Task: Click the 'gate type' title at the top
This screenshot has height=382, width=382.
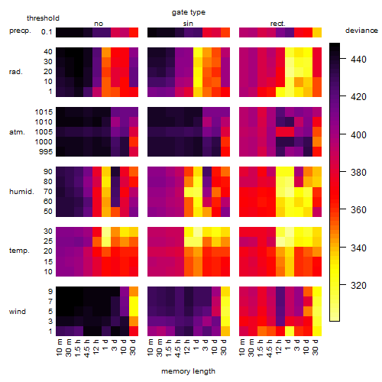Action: [189, 12]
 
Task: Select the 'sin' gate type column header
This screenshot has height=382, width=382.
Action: [188, 24]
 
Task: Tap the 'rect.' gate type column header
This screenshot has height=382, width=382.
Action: [277, 24]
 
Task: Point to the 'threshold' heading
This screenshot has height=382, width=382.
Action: [43, 18]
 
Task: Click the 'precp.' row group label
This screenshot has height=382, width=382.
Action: [20, 31]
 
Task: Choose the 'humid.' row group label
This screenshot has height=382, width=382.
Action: [21, 192]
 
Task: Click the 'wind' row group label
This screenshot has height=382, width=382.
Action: [18, 312]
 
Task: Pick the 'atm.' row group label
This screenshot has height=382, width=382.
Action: [17, 132]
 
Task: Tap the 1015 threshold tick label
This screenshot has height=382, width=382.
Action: [44, 112]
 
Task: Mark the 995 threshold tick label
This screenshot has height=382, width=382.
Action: [46, 152]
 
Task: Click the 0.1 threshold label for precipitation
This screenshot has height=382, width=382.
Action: [47, 32]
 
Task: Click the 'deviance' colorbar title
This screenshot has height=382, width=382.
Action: [361, 31]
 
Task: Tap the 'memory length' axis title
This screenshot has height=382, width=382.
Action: [188, 371]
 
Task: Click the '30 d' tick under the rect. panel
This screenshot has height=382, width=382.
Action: [316, 347]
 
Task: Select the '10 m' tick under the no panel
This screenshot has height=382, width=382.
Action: [59, 347]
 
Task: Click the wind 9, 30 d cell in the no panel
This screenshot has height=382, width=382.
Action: [134, 292]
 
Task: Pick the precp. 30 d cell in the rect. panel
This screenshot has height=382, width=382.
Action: [317, 33]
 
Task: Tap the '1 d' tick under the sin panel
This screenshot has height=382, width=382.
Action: [196, 345]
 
